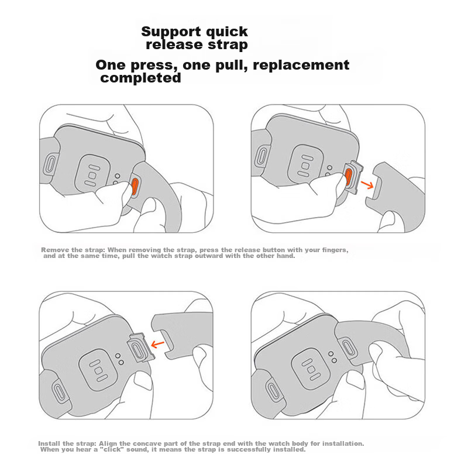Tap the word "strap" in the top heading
coord(228,45)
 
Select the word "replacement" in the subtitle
coord(301,66)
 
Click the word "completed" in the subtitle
coord(140,78)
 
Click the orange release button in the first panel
coord(135,186)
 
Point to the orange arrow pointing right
coord(367,185)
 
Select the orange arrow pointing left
coord(157,344)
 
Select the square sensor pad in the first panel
coord(92,175)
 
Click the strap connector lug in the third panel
coord(141,347)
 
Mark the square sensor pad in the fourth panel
coord(311,369)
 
